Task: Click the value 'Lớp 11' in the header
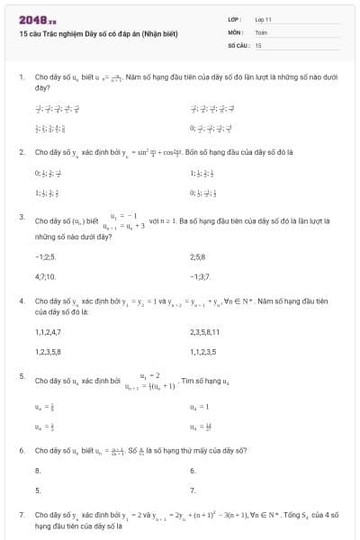click(x=263, y=18)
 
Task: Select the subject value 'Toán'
click(x=261, y=31)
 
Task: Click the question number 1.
click(x=21, y=77)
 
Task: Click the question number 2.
click(x=21, y=152)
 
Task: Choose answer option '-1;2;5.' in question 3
click(x=45, y=256)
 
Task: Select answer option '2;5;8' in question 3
click(x=200, y=256)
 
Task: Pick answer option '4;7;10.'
click(x=46, y=276)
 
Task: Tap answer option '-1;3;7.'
click(x=201, y=276)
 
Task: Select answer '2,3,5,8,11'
click(x=206, y=332)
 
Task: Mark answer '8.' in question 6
click(x=38, y=471)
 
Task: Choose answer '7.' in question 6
click(x=193, y=490)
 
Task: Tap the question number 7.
click(x=21, y=514)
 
